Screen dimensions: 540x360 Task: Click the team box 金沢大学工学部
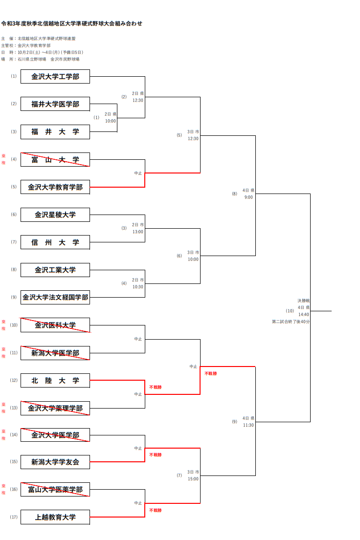click(55, 77)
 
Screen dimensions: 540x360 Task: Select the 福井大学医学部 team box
click(55, 104)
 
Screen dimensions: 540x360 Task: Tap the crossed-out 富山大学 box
click(55, 159)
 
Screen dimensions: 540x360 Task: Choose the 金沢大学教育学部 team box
click(55, 187)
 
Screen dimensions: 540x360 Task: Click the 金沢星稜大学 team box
click(55, 215)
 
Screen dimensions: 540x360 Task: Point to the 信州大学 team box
click(55, 242)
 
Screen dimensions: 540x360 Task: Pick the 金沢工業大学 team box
click(55, 270)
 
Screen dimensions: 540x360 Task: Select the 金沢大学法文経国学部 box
click(55, 297)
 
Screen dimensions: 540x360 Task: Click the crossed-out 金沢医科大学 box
click(55, 325)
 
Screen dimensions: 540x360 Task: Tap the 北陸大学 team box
click(55, 380)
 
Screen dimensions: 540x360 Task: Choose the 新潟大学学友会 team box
click(55, 462)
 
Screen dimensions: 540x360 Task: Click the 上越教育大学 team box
click(55, 517)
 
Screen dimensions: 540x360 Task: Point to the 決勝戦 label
click(303, 301)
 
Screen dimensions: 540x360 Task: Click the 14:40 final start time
click(303, 315)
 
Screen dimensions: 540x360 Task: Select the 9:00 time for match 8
click(248, 197)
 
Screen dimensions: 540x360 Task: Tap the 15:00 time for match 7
click(193, 479)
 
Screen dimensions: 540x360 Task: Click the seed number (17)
click(14, 517)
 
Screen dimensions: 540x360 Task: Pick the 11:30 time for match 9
click(248, 425)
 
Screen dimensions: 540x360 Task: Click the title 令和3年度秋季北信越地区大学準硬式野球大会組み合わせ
click(71, 23)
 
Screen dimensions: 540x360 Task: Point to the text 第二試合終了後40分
click(291, 322)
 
